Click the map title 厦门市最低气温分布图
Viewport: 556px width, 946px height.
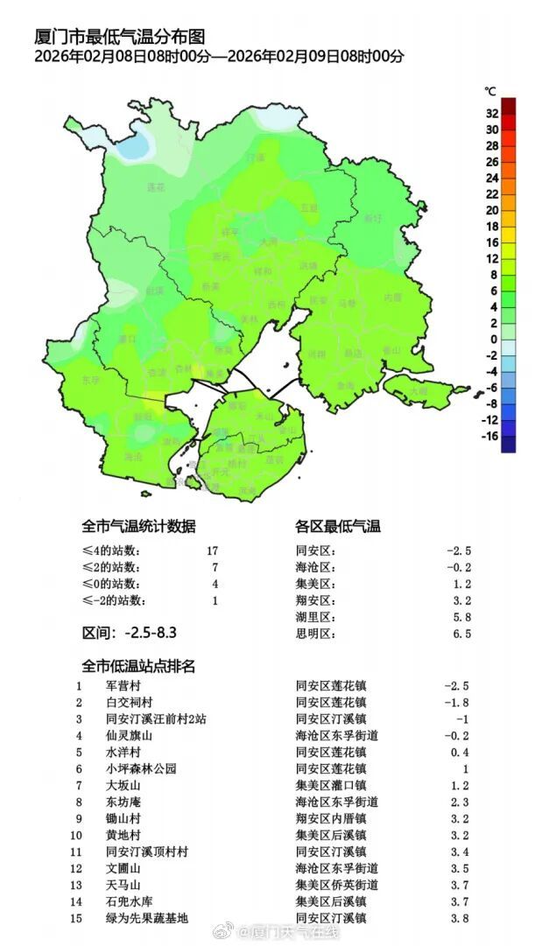tap(119, 38)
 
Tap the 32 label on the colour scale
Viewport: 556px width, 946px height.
tap(492, 113)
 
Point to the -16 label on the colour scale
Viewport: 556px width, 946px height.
tap(491, 436)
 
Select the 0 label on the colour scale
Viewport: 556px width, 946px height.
tap(494, 339)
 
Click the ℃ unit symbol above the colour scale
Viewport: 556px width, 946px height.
tap(490, 91)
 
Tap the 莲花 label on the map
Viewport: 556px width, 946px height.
tap(156, 187)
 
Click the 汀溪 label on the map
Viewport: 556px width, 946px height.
tap(255, 158)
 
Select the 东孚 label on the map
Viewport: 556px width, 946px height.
tap(91, 381)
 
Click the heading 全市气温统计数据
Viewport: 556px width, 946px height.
tap(138, 526)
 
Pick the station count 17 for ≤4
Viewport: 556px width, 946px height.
tap(211, 551)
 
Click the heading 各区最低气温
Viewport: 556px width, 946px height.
tap(338, 526)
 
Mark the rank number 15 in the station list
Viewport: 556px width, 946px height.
tap(79, 918)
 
